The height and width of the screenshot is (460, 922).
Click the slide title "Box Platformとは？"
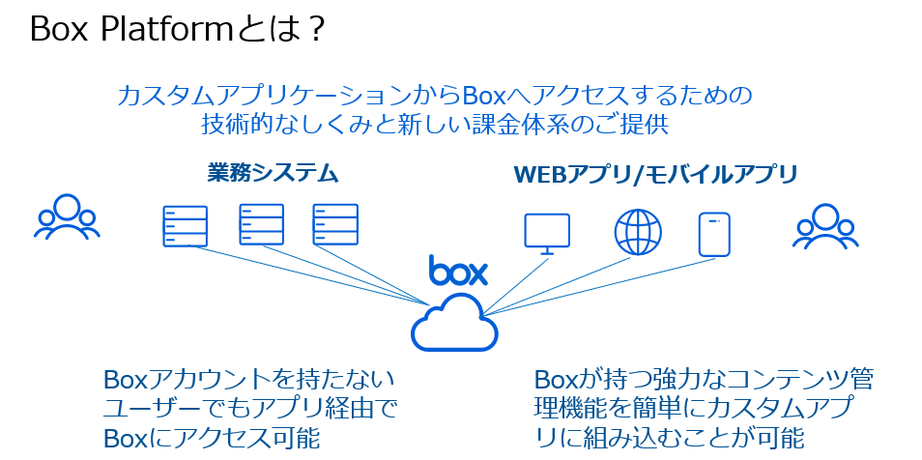(x=178, y=29)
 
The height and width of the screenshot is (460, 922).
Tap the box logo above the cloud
(x=458, y=271)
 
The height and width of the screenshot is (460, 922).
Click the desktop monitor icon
(x=546, y=233)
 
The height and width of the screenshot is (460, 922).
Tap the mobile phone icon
(x=713, y=232)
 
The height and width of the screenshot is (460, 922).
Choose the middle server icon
(x=261, y=225)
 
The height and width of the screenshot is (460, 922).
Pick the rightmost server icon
(x=335, y=225)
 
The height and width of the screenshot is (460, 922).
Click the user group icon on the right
(x=825, y=225)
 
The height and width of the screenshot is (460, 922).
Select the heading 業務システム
(x=273, y=174)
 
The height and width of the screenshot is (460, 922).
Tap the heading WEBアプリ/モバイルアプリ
(x=655, y=175)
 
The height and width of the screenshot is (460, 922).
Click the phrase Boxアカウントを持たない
(x=248, y=377)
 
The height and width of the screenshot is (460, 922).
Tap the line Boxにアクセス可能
(x=211, y=437)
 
